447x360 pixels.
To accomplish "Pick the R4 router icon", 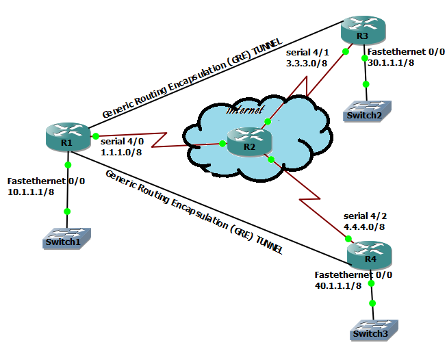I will (370, 255).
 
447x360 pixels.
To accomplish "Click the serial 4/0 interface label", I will (122, 142).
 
